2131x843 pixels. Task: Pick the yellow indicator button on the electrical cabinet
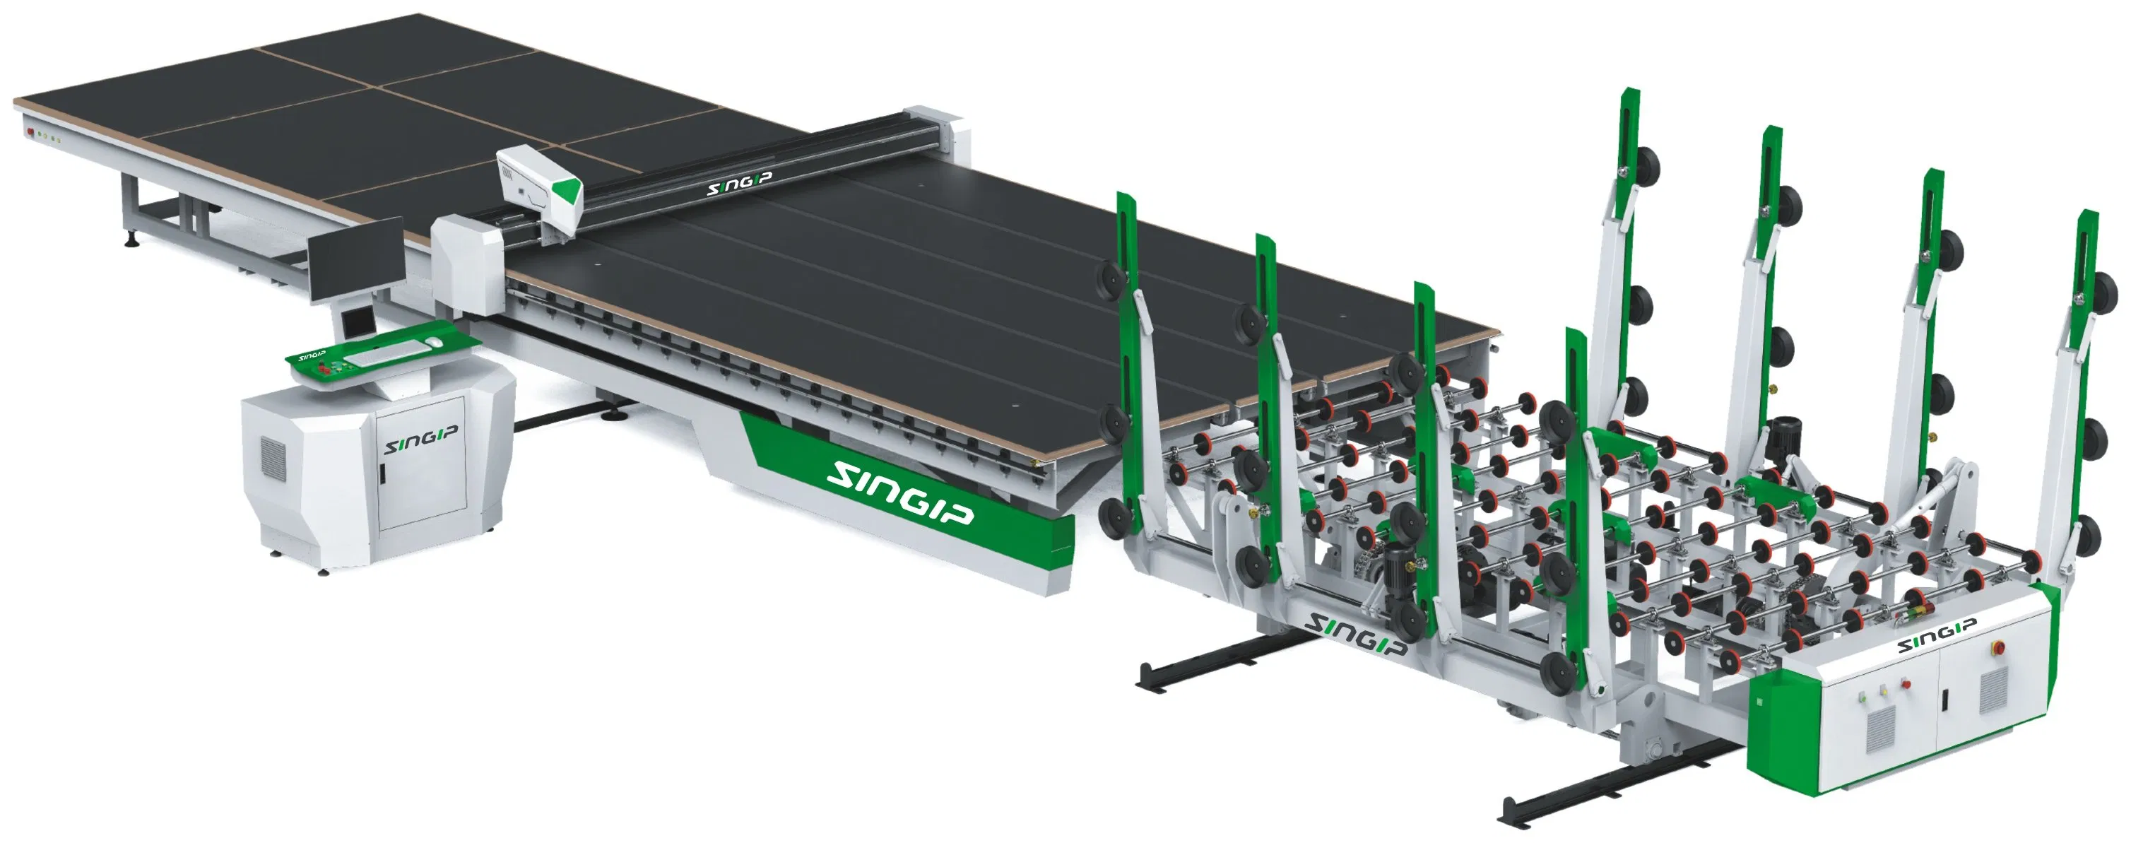(x=1884, y=692)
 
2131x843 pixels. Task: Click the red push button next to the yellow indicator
(x=1906, y=684)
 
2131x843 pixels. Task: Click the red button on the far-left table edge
(x=30, y=131)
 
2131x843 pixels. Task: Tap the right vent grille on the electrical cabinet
(x=1994, y=691)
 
